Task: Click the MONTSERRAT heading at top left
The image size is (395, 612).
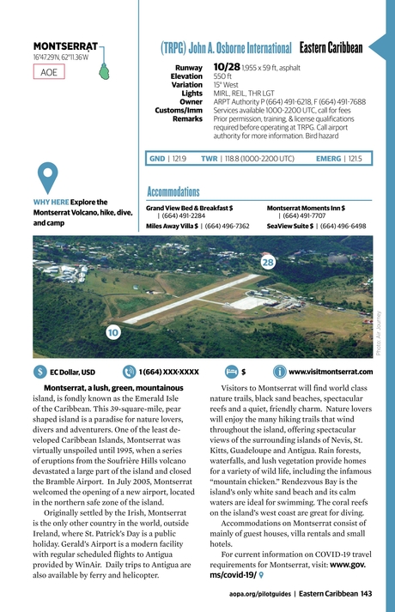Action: [x=64, y=45]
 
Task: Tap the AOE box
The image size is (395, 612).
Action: [x=50, y=72]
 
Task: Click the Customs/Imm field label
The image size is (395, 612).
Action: [x=179, y=110]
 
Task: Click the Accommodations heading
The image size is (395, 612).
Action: [x=173, y=191]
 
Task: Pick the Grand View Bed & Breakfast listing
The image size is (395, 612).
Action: [x=189, y=208]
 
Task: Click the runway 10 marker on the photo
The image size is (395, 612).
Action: [x=112, y=331]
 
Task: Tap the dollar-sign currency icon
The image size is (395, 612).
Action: [x=40, y=373]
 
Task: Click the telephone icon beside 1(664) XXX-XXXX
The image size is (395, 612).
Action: [x=129, y=373]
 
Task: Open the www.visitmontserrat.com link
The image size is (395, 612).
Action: [x=331, y=373]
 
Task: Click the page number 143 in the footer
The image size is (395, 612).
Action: [x=366, y=593]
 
